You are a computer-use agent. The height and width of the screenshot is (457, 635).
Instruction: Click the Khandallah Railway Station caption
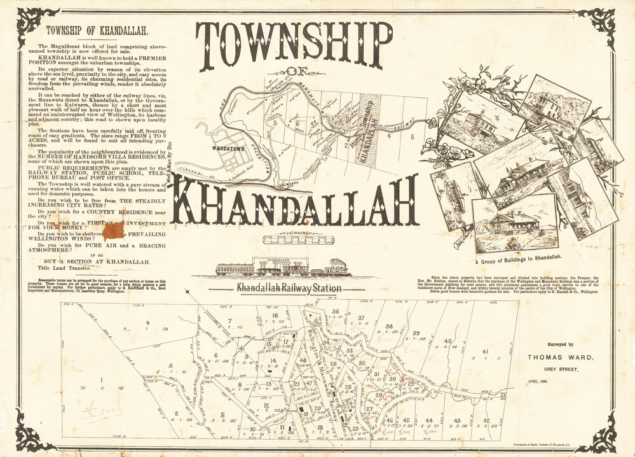[289, 288]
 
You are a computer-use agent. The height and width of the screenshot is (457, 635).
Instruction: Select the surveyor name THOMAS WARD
[560, 358]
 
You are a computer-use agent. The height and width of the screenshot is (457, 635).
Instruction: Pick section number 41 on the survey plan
[485, 353]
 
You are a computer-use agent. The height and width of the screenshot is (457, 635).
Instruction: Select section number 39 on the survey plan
[415, 334]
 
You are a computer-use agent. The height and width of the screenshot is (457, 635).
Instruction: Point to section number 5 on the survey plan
[222, 416]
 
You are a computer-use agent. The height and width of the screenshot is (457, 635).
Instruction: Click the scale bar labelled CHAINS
[297, 240]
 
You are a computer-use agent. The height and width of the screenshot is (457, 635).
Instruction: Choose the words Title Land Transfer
[68, 269]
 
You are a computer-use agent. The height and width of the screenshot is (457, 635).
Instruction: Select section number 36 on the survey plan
[335, 311]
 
